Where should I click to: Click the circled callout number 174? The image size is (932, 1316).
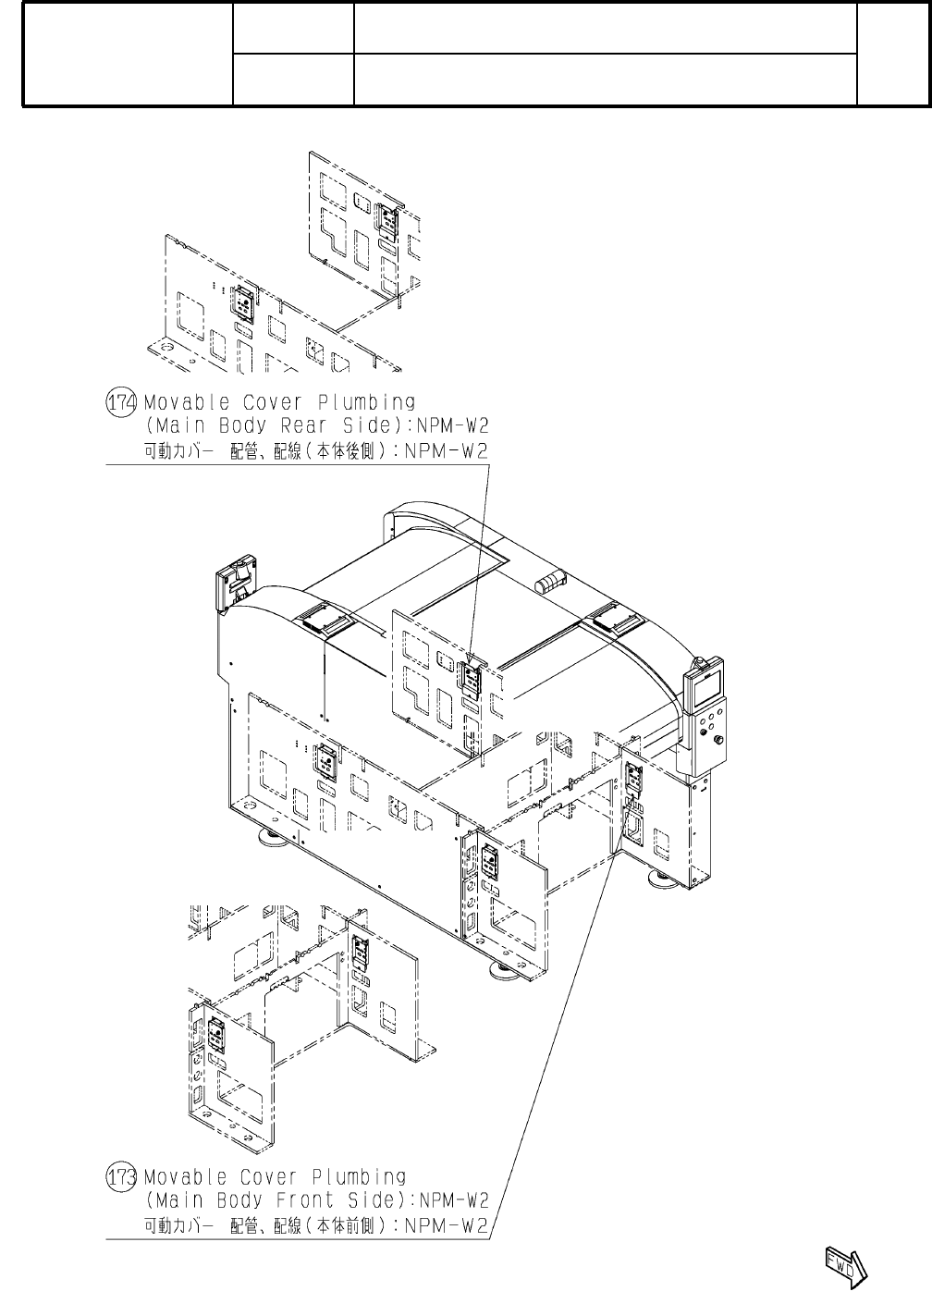pyautogui.click(x=122, y=402)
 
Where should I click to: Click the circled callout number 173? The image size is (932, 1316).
pyautogui.click(x=122, y=1177)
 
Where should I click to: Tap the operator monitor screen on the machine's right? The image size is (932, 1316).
pyautogui.click(x=705, y=685)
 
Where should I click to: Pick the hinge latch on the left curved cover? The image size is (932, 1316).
pyautogui.click(x=324, y=618)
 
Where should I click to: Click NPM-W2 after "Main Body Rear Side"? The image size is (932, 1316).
pyautogui.click(x=453, y=426)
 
